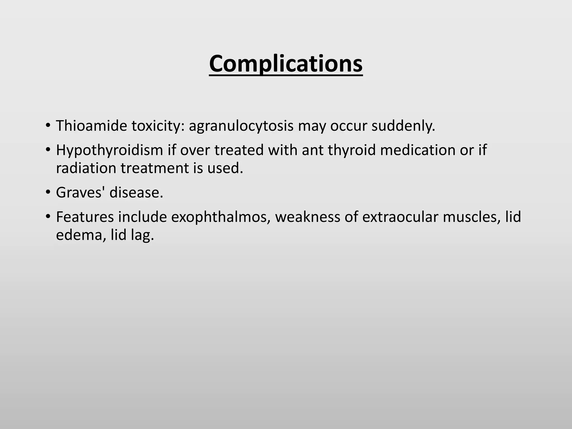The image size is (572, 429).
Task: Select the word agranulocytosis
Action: tap(241, 126)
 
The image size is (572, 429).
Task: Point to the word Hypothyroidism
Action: tap(109, 150)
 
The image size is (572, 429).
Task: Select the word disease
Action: tap(136, 192)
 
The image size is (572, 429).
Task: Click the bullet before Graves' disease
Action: tap(48, 192)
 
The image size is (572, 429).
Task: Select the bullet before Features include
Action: tap(48, 216)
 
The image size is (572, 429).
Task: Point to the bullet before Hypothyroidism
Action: tap(48, 149)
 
